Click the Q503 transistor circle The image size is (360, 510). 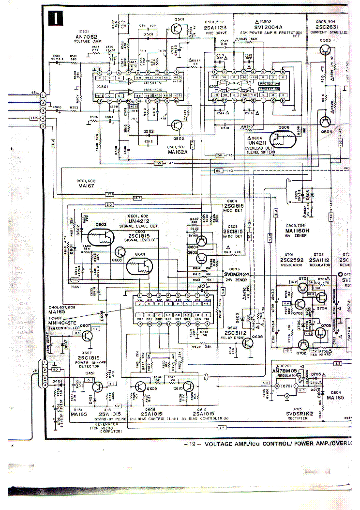[x=325, y=50]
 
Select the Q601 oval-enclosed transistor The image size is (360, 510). [x=139, y=265]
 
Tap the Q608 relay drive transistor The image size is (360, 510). [x=246, y=343]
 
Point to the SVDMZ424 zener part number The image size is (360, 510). [x=239, y=274]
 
